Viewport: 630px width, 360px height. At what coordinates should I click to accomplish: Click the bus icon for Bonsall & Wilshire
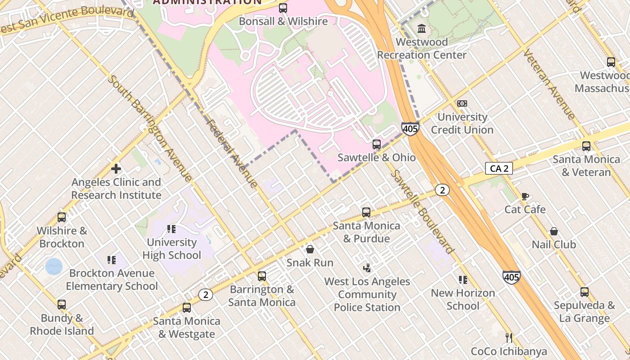coord(283,8)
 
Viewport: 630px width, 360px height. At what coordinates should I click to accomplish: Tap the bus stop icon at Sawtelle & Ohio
coord(377,144)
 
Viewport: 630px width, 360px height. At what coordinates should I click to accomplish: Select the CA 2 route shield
coord(499,168)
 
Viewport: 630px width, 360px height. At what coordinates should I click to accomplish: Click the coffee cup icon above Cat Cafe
coord(525,196)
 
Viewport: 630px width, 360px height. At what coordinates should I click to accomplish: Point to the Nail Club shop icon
coord(554,231)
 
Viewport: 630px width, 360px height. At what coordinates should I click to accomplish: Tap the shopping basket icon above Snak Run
coord(310,249)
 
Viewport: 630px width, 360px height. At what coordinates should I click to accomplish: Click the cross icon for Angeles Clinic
coord(116,169)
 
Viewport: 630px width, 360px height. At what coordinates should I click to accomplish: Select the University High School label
coord(171,249)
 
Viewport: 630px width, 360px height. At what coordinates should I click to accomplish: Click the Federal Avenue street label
coord(232,153)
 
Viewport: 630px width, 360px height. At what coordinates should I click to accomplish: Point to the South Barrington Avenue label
coord(150,128)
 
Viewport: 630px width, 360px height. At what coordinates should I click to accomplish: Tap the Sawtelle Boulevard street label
coord(422,211)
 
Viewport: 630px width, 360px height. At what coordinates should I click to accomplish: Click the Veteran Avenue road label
coord(549,84)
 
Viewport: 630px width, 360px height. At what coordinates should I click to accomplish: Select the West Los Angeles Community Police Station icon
coord(367,268)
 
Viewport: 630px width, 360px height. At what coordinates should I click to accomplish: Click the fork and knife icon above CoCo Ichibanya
coord(509,337)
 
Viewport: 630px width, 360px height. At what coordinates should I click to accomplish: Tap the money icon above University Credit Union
coord(462,103)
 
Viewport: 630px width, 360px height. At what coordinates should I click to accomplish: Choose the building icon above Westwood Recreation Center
coord(422,29)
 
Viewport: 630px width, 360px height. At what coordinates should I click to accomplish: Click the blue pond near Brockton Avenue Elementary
coord(54,266)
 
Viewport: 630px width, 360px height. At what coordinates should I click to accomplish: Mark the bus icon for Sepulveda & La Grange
coord(584,292)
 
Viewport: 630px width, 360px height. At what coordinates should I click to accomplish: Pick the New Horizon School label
coord(463,299)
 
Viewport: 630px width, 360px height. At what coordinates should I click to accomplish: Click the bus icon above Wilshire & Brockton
coord(61,217)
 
